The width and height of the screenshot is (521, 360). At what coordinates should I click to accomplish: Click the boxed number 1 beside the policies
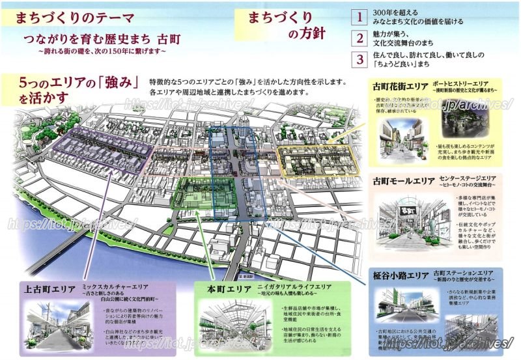click(359, 16)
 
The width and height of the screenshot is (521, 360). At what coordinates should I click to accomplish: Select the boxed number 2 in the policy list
click(359, 38)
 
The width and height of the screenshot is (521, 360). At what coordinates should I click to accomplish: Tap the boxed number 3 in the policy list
click(359, 60)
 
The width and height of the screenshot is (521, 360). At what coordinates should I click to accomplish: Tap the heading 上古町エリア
click(49, 287)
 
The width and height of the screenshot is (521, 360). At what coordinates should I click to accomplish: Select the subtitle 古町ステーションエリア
click(465, 273)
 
